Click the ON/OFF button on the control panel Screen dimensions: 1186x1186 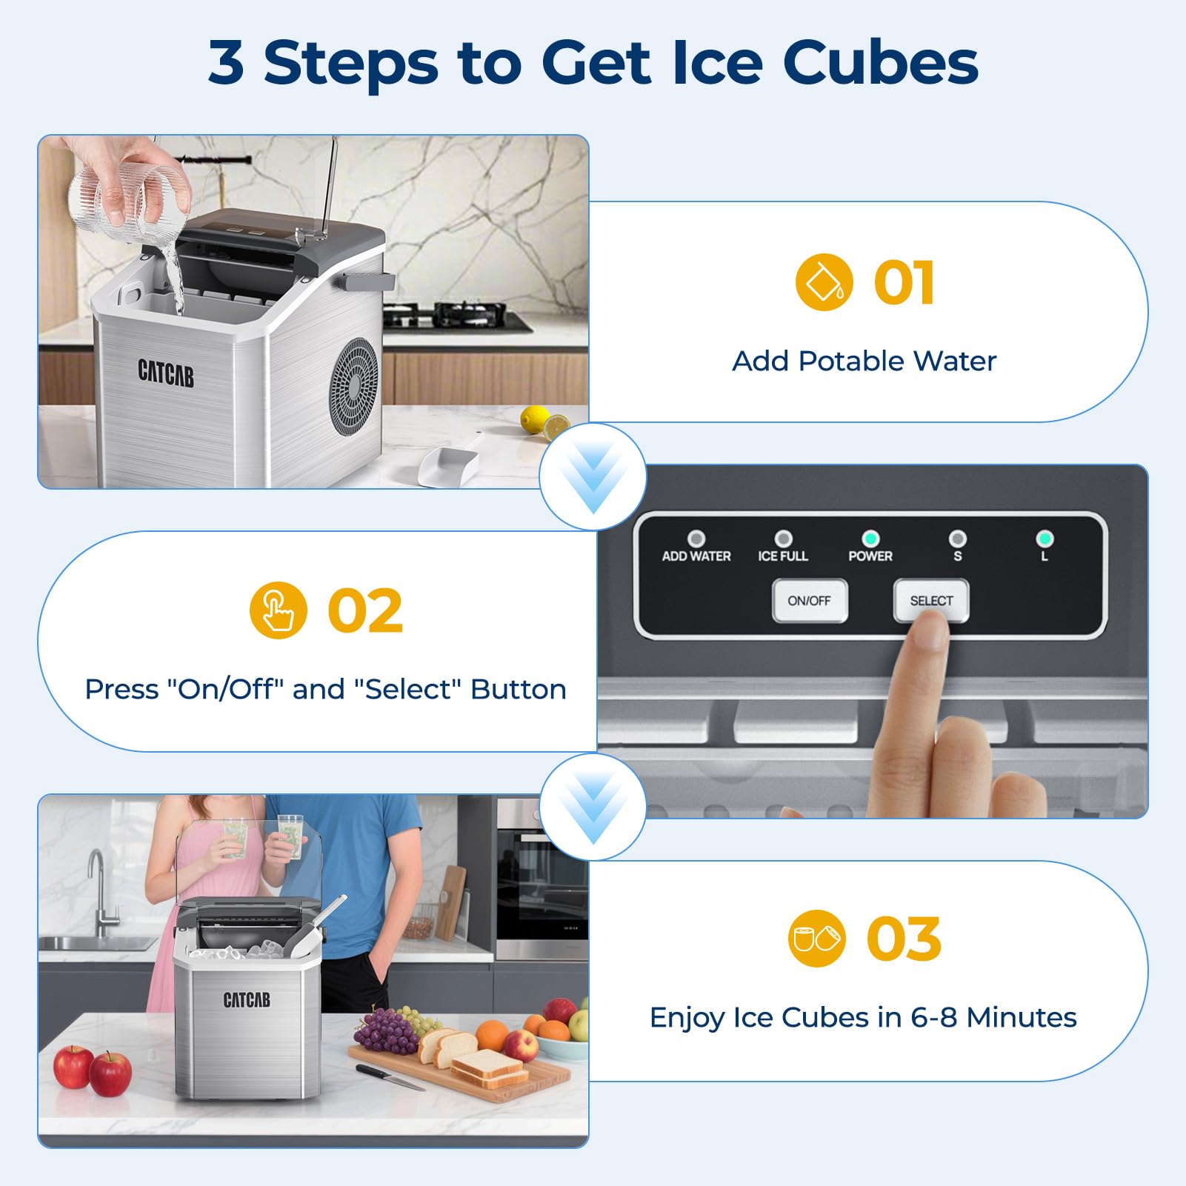pyautogui.click(x=809, y=601)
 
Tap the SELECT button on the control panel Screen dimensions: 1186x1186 pyautogui.click(x=931, y=601)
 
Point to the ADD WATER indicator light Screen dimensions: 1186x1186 pyautogui.click(x=696, y=539)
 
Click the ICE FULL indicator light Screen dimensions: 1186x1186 pyautogui.click(x=783, y=539)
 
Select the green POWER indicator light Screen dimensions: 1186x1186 pyautogui.click(x=870, y=539)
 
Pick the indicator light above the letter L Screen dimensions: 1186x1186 pyautogui.click(x=1045, y=539)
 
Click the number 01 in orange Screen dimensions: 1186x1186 pyautogui.click(x=904, y=282)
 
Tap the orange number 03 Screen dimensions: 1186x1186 pyautogui.click(x=904, y=939)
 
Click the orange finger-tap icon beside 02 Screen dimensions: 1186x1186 pyautogui.click(x=278, y=610)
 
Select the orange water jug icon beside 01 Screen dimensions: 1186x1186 pyautogui.click(x=824, y=282)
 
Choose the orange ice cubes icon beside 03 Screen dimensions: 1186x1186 pyautogui.click(x=816, y=939)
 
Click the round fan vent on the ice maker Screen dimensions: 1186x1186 pyautogui.click(x=354, y=386)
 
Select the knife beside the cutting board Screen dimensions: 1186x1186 pyautogui.click(x=390, y=1077)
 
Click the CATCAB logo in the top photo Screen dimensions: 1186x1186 pyautogui.click(x=166, y=373)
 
